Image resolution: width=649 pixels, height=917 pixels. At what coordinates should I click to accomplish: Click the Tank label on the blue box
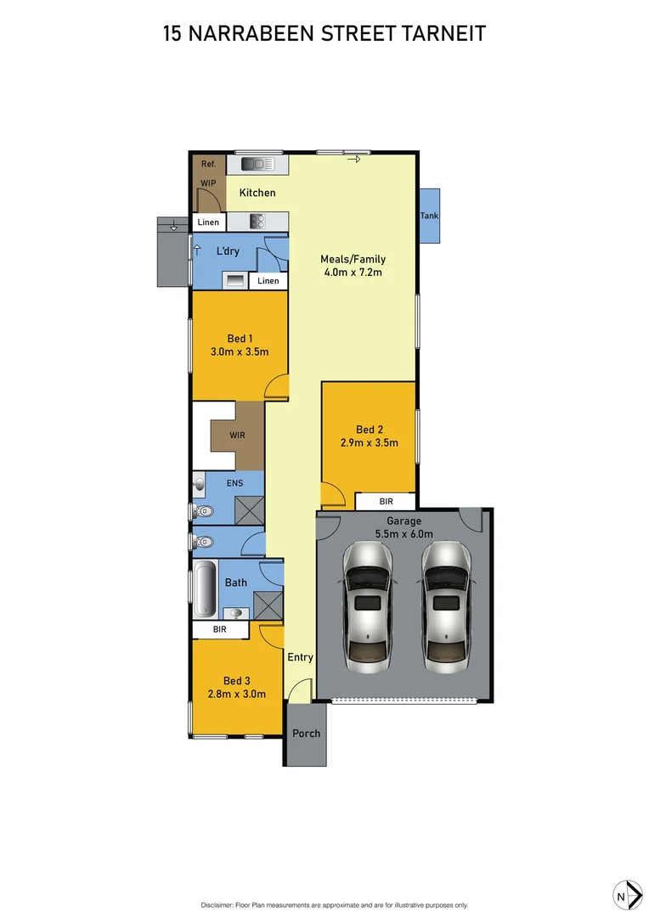pyautogui.click(x=430, y=216)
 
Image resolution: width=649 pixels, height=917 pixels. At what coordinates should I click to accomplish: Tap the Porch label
pyautogui.click(x=306, y=733)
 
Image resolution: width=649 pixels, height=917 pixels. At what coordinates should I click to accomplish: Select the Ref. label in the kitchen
pyautogui.click(x=208, y=164)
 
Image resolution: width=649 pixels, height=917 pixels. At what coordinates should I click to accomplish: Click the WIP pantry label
pyautogui.click(x=208, y=183)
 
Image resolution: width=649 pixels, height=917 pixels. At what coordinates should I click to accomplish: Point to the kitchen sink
pyautogui.click(x=254, y=164)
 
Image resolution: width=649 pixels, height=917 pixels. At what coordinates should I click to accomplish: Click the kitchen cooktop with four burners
pyautogui.click(x=258, y=222)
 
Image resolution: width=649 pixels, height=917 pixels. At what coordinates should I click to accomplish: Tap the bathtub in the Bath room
pyautogui.click(x=205, y=589)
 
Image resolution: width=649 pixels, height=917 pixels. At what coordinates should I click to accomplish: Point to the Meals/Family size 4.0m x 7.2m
pyautogui.click(x=352, y=273)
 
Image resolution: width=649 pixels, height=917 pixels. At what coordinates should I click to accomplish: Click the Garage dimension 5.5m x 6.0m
pyautogui.click(x=404, y=534)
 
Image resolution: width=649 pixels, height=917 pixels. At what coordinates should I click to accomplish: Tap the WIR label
pyautogui.click(x=238, y=436)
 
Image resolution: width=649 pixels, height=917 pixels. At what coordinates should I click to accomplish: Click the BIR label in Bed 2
pyautogui.click(x=385, y=502)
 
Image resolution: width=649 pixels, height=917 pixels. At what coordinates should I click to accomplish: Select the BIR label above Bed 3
pyautogui.click(x=219, y=630)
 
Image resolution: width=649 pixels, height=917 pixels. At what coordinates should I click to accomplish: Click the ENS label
pyautogui.click(x=234, y=484)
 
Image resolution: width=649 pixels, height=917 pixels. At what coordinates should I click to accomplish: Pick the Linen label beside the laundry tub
pyautogui.click(x=268, y=281)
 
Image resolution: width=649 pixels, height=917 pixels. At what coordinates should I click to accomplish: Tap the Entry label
pyautogui.click(x=300, y=657)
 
